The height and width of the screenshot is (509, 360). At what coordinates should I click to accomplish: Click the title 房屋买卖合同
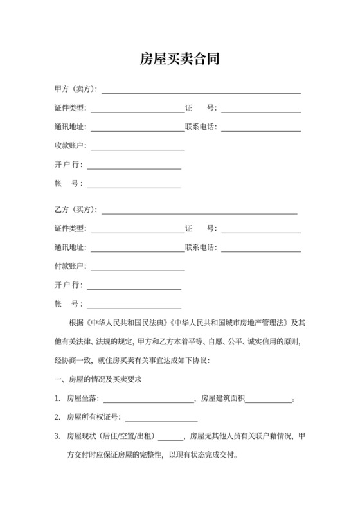click(179, 60)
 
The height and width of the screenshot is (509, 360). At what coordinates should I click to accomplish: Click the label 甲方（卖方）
click(76, 89)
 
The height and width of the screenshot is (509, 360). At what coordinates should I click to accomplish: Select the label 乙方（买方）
click(76, 210)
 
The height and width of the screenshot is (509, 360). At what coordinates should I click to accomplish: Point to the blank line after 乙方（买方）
click(199, 212)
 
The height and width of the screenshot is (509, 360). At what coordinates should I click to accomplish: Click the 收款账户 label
click(70, 146)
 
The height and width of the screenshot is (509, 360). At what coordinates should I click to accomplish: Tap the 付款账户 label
click(70, 266)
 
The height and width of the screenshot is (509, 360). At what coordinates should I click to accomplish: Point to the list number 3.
click(57, 436)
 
